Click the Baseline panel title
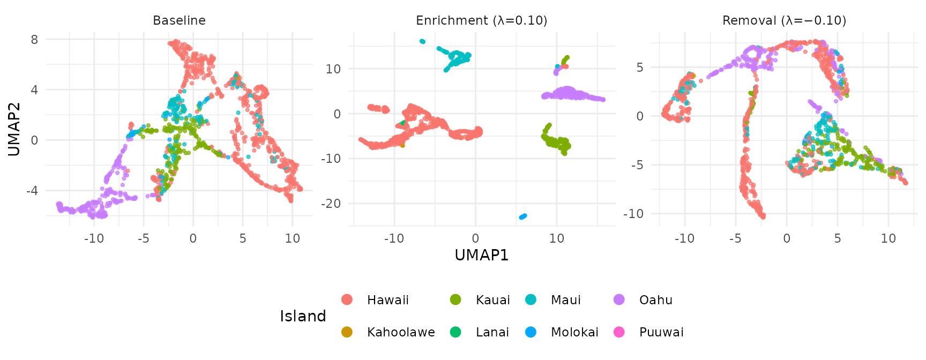point(179,20)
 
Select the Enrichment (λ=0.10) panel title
point(481,20)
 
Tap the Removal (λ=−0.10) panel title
point(784,20)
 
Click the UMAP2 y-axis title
point(14,129)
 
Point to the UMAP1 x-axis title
point(481,255)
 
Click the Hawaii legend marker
point(347,300)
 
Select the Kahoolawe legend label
point(401,332)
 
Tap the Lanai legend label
point(492,332)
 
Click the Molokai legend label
point(574,332)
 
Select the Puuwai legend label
point(661,332)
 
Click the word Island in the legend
point(303,316)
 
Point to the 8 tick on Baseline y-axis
point(34,40)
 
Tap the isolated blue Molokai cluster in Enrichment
point(523,216)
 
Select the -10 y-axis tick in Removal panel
point(633,213)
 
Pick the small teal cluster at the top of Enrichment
point(422,41)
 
